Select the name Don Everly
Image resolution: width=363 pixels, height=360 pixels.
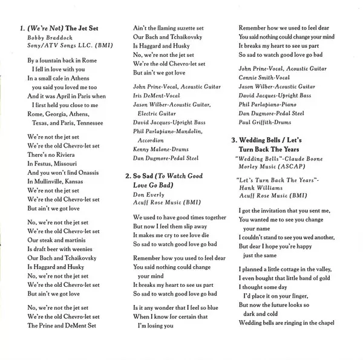[x=148, y=194]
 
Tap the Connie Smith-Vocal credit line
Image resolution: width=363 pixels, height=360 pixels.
[x=264, y=78]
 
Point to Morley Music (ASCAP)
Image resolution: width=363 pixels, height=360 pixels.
[x=268, y=168]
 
